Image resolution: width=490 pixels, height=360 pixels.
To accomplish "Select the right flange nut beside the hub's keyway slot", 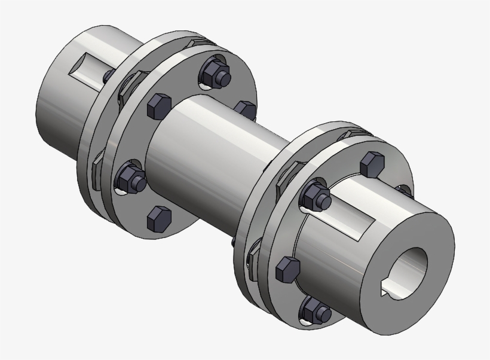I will coord(315,196).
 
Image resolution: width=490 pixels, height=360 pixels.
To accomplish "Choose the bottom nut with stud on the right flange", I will coord(315,309).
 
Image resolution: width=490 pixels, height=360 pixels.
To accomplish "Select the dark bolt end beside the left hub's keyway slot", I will coord(108,75).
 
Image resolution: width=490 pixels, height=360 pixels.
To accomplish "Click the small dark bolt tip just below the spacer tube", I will coord(234,243).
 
